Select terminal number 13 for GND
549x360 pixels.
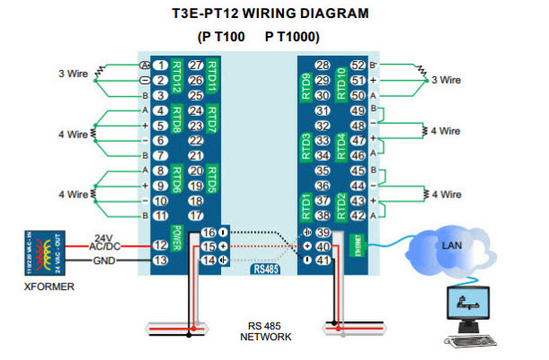click(x=160, y=260)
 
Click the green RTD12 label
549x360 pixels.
click(x=178, y=79)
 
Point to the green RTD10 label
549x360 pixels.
click(x=341, y=79)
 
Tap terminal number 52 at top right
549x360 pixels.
click(x=358, y=65)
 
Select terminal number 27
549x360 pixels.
click(x=195, y=65)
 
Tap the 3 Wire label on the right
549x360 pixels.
click(x=447, y=79)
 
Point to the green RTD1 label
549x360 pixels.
click(x=305, y=207)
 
